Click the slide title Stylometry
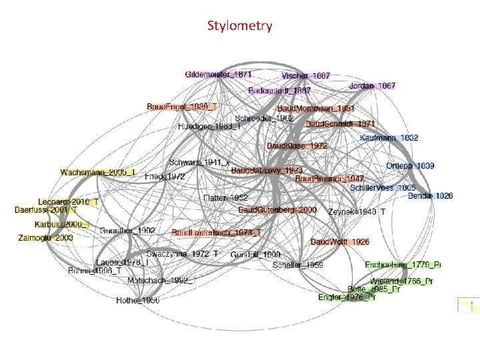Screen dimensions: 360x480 coord(239,26)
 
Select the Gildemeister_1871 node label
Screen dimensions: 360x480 coord(218,73)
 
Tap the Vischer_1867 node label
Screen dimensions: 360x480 coord(306,77)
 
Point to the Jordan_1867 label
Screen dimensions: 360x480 coord(372,86)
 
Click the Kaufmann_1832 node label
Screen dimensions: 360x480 coord(389,137)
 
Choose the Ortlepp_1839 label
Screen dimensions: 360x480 coord(410,165)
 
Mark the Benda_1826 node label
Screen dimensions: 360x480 coord(430,196)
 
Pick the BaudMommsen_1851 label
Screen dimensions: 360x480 coord(316,108)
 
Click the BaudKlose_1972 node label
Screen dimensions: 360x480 coord(297,145)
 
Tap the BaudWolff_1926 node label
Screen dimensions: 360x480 coord(339,241)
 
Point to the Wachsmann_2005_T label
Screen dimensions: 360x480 coord(97,173)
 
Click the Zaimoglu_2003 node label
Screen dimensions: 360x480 coord(46,237)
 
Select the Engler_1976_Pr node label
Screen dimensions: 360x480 coord(347,297)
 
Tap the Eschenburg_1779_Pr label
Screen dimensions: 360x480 coord(403,265)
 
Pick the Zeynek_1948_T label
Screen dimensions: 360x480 coord(357,211)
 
